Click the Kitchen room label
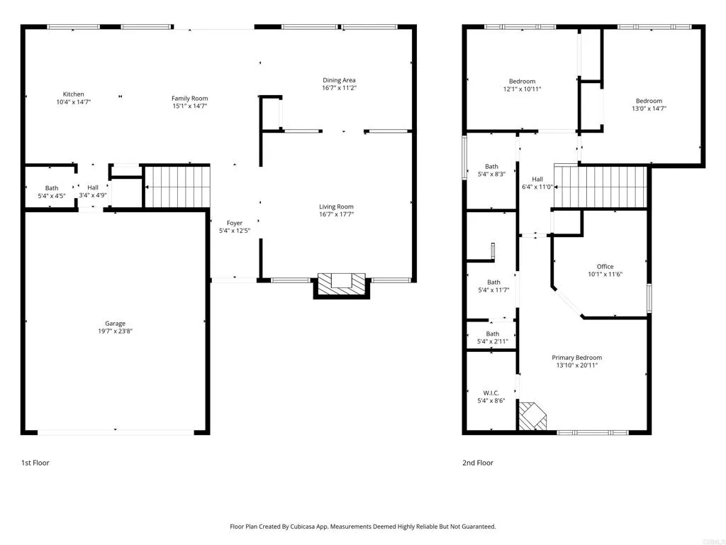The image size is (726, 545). click(x=74, y=94)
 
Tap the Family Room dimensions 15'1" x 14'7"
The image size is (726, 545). click(x=189, y=106)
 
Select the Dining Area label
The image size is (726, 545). click(x=339, y=80)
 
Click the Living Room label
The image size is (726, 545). click(x=336, y=207)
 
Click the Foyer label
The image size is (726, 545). click(x=234, y=223)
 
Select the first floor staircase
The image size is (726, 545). click(x=177, y=186)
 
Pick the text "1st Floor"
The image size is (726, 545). click(x=35, y=463)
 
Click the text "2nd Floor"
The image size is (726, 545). click(x=479, y=463)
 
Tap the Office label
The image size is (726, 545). click(x=605, y=267)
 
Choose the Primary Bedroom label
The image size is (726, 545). click(x=576, y=358)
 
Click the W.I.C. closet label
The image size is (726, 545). click(x=492, y=392)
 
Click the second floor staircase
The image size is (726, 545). click(x=601, y=186)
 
